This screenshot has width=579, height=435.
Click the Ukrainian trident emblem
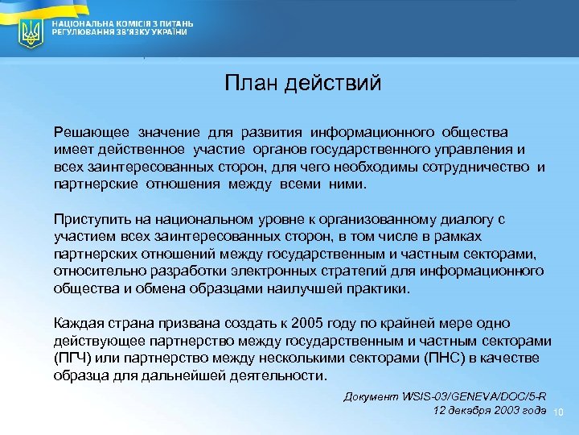point(31,34)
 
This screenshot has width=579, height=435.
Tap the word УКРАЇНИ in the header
point(171,34)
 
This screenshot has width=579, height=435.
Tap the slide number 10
point(561,413)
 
